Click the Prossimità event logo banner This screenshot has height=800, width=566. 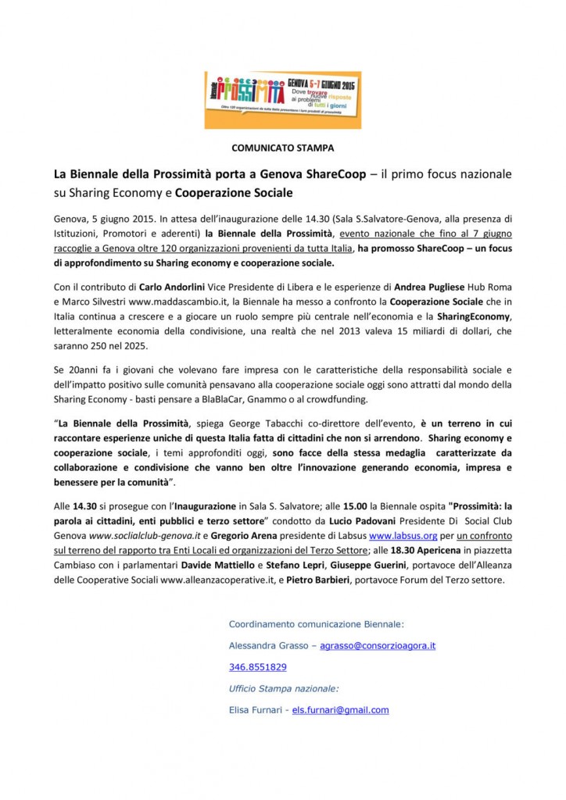point(282,99)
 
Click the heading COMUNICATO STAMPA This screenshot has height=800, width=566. point(282,147)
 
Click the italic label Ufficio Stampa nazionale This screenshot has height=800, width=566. point(284,688)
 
